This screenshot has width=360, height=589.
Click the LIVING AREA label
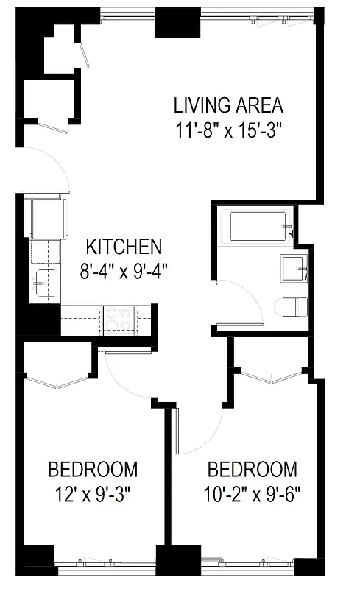click(227, 105)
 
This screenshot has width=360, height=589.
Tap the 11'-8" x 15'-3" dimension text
click(229, 130)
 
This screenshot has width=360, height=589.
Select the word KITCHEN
click(124, 246)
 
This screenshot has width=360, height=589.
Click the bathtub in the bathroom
click(258, 226)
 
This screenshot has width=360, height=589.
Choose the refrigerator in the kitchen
click(46, 215)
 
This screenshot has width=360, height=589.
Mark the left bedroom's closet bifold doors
click(56, 382)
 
